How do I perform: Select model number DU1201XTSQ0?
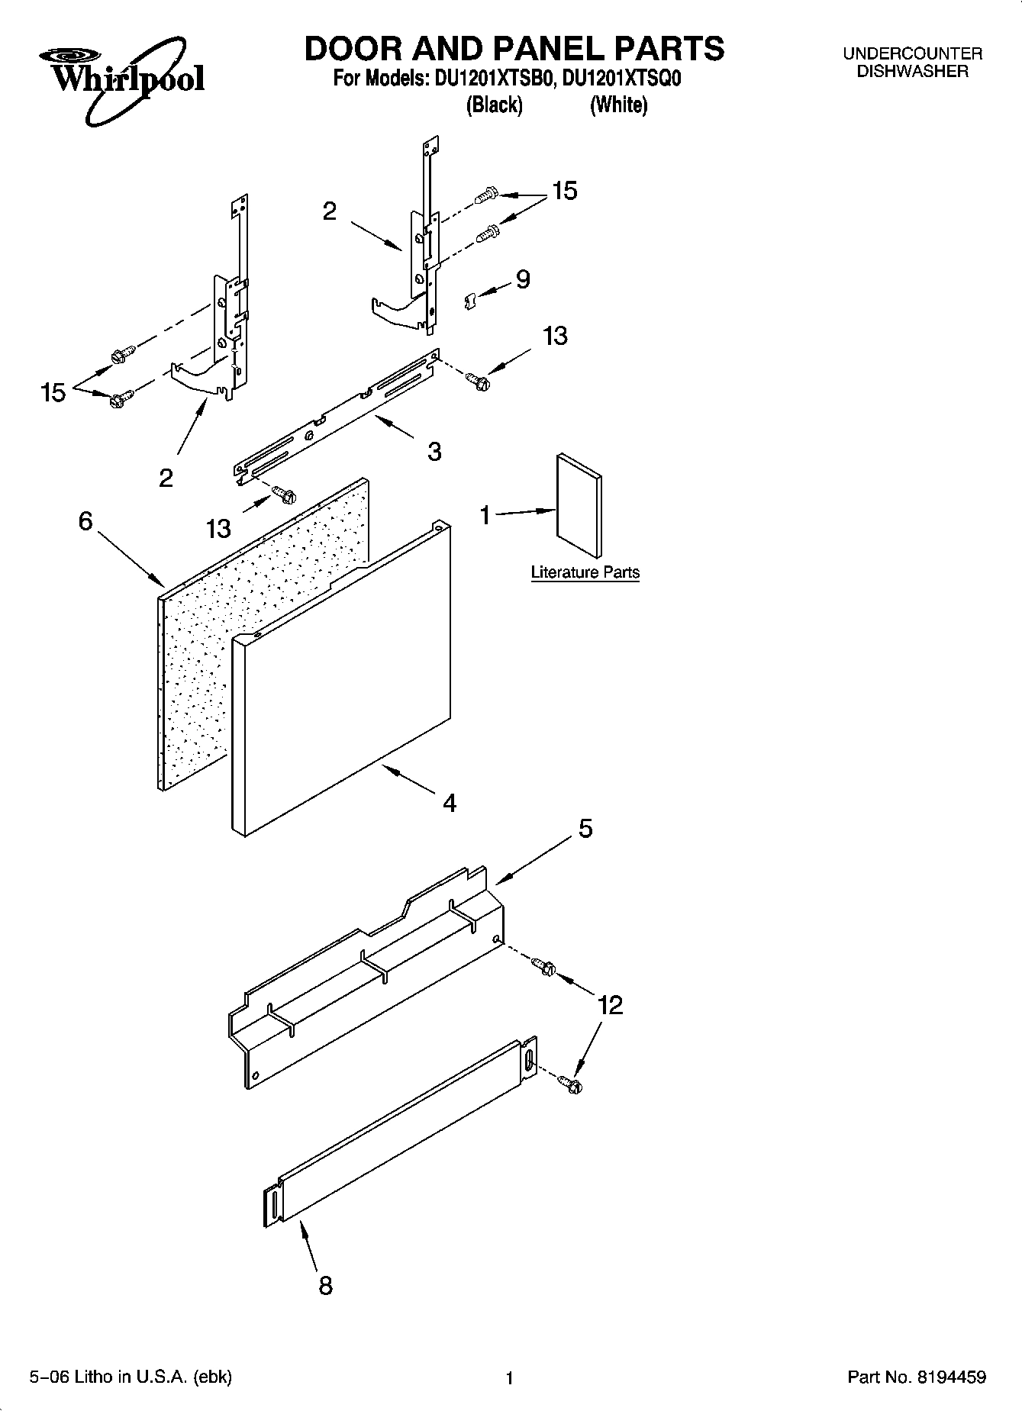click(621, 79)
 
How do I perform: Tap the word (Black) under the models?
click(494, 105)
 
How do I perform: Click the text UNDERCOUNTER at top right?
click(912, 54)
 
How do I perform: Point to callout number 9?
click(522, 279)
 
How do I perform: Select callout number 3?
click(434, 452)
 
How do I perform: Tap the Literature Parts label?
click(585, 572)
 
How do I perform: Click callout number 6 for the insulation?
click(85, 521)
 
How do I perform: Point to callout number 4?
click(450, 803)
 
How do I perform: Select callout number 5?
click(585, 829)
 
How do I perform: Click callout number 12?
click(611, 1005)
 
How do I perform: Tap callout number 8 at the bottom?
click(325, 1286)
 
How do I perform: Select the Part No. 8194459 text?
click(917, 1377)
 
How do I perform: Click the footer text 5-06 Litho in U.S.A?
click(130, 1377)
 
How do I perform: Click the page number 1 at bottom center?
click(510, 1378)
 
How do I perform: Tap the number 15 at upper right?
click(565, 191)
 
